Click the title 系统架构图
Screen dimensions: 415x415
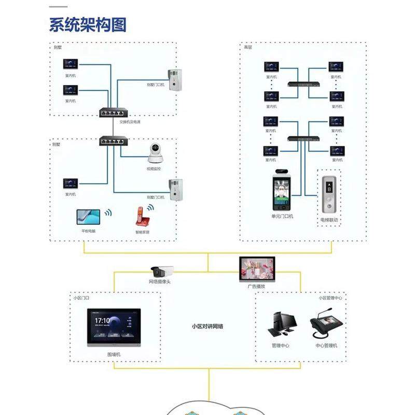click(88, 24)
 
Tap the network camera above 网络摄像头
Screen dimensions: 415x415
click(161, 271)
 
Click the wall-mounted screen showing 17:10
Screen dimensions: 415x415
click(114, 327)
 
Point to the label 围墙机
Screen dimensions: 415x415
click(114, 354)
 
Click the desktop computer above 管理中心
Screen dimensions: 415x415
click(280, 325)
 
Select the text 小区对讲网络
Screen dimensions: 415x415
click(208, 326)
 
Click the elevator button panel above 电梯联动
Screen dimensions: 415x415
click(329, 197)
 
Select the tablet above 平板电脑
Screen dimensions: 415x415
click(89, 216)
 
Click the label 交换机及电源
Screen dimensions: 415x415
click(130, 122)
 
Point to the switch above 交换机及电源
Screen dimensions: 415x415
click(113, 112)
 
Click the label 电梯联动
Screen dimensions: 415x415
click(329, 220)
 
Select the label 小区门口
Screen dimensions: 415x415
click(81, 298)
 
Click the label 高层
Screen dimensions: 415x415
click(248, 47)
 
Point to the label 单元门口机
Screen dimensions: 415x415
click(282, 216)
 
